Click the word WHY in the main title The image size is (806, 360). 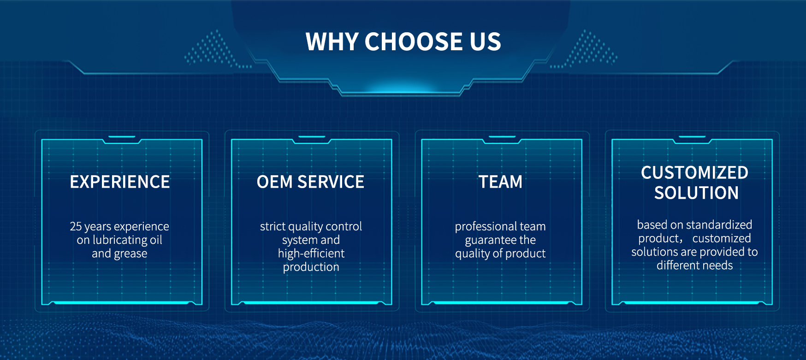pos(332,41)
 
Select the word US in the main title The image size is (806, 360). pos(486,41)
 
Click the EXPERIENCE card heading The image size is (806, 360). pos(120,182)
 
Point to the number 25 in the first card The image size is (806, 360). pos(76,226)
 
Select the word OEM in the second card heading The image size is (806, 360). pos(275,182)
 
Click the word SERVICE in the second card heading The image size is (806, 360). pos(331,182)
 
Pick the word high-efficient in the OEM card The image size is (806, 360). pos(311,254)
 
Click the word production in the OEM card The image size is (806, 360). pos(311,267)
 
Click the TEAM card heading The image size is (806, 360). pos(500,182)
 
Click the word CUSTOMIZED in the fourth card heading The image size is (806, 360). pos(694,173)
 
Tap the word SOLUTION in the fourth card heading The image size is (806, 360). pos(696,193)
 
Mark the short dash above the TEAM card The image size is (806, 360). pos(502,136)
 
